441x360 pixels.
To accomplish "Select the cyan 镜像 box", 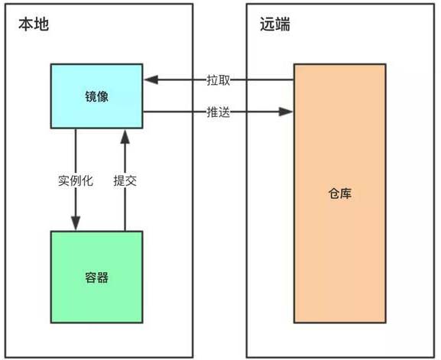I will pos(96,97).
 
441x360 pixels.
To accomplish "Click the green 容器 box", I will pos(96,277).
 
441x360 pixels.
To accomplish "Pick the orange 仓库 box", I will pos(339,193).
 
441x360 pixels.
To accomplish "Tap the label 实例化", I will pos(75,181).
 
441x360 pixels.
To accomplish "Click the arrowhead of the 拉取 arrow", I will pos(148,79).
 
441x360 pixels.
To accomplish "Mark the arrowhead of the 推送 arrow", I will pos(288,112).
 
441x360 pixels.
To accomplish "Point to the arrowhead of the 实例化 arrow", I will pos(75,225).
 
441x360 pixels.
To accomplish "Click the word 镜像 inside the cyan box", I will pos(96,97).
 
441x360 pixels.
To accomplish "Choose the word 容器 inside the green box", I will pos(96,277).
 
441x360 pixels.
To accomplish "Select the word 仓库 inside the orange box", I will pos(339,193).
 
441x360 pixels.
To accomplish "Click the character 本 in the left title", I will pos(24,24).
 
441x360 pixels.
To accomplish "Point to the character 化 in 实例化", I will pos(87,181).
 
